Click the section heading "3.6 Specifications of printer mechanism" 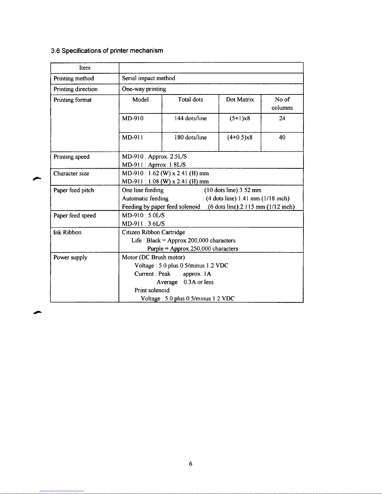tap(107, 50)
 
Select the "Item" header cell tap(85, 68)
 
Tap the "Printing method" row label tap(74, 78)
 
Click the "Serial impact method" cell tap(148, 78)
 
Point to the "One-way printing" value tap(144, 89)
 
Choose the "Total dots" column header tap(190, 99)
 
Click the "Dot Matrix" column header tap(240, 99)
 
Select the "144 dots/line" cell tap(190, 118)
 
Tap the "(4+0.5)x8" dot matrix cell tap(240, 137)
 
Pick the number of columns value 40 tap(282, 137)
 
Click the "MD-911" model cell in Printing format tap(133, 137)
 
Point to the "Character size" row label tap(71, 173)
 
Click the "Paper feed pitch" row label tap(74, 190)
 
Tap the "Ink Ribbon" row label tap(67, 232)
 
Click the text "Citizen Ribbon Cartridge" tap(153, 232)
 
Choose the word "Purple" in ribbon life tap(155, 249)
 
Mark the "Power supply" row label tap(70, 257)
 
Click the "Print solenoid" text tap(152, 290)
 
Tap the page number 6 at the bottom tap(191, 464)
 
